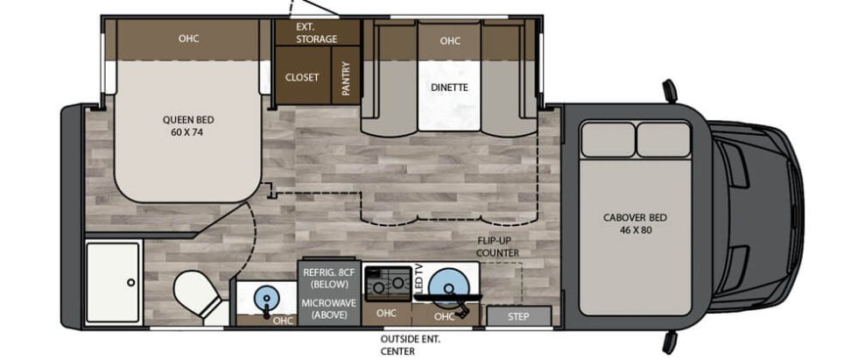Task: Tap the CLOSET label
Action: pos(301,78)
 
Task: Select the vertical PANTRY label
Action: pos(346,80)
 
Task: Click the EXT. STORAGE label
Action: pos(317,32)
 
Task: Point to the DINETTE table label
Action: pos(450,87)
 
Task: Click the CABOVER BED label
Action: pos(635,223)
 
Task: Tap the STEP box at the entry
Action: pos(518,316)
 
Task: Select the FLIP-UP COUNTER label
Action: pos(497,247)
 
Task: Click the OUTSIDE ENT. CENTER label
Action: pos(411,345)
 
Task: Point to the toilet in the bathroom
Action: pos(198,293)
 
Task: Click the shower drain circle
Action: pos(130,282)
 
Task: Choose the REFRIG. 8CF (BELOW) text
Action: pos(326,279)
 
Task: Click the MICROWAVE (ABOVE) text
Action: pos(329,308)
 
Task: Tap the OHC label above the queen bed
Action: pos(188,39)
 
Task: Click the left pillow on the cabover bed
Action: pos(608,139)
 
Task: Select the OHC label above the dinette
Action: pos(450,40)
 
